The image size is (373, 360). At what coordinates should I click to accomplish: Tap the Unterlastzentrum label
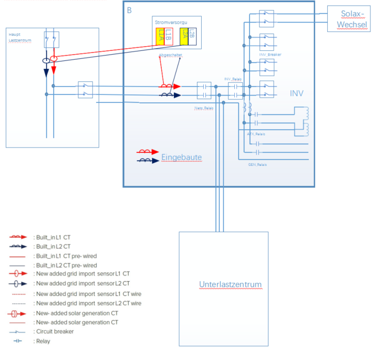230,285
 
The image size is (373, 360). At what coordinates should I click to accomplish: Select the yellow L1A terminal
161,37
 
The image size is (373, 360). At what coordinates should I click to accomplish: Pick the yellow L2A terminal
183,37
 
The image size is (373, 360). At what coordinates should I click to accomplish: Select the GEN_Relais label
257,164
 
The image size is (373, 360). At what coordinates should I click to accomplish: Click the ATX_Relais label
256,134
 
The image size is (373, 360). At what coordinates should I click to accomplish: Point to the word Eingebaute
181,157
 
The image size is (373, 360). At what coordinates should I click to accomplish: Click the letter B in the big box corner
130,10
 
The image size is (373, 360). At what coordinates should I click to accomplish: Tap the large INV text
297,93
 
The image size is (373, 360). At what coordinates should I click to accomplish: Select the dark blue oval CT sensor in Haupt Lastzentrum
46,61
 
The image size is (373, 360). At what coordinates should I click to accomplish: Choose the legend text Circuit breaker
54,331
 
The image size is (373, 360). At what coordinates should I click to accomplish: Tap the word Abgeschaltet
170,55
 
